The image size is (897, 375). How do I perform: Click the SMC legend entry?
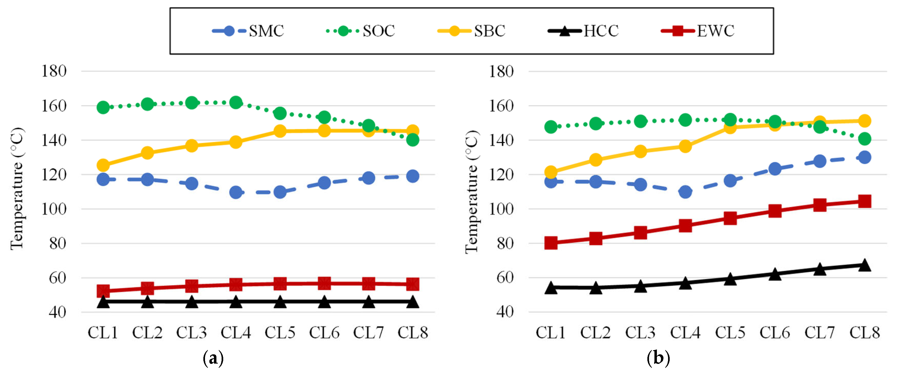point(248,31)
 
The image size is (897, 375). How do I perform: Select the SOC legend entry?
point(360,31)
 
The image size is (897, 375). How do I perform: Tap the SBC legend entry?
point(472,31)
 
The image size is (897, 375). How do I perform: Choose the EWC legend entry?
point(697,31)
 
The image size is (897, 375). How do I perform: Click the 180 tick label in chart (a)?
point(54,71)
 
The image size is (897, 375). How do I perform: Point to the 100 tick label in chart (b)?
point(501,209)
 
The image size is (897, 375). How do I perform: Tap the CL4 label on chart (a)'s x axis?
point(236,333)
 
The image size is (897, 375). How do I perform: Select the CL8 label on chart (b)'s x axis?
point(865,333)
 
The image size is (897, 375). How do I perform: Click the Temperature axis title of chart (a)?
point(17,188)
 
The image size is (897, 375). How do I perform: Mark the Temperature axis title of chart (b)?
point(472,191)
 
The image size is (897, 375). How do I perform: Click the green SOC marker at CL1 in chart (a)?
point(103,107)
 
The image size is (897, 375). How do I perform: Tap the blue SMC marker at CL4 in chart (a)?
point(236,192)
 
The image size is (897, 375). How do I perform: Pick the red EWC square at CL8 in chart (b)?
point(865,201)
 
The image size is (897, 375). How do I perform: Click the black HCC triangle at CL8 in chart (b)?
point(865,265)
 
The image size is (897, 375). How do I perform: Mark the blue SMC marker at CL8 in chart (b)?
point(865,157)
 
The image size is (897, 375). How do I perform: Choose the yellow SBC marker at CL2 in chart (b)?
point(596,160)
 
